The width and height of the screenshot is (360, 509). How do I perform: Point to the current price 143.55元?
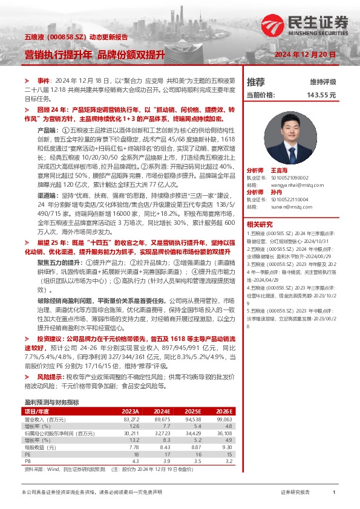pyautogui.click(x=321, y=95)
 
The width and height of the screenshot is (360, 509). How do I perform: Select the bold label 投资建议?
pyautogui.click(x=51, y=340)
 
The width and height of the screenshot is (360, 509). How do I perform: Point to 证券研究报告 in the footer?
pyautogui.click(x=295, y=493)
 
